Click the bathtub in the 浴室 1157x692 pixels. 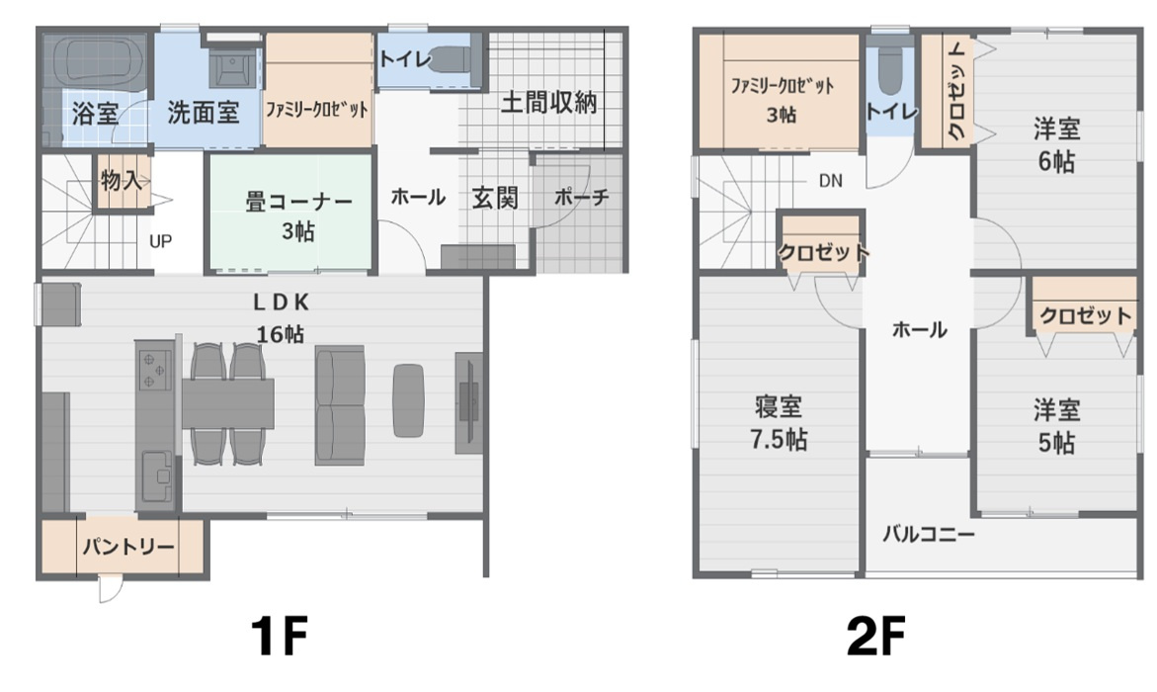[97, 60]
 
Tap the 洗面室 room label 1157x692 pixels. [204, 113]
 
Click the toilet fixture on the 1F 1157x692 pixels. [454, 60]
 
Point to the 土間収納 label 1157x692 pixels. [549, 103]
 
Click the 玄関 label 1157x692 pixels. [494, 198]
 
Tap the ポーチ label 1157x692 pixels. [581, 197]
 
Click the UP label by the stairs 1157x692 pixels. [161, 241]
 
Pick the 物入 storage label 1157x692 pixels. [121, 180]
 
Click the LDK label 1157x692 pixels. [282, 303]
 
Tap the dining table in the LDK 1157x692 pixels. [228, 402]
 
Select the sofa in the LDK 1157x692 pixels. [340, 405]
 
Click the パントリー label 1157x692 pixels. [128, 548]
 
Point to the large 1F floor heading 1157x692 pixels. [279, 637]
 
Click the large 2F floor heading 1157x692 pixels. [875, 637]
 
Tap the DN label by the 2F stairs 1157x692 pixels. [831, 181]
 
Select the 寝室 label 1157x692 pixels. [779, 407]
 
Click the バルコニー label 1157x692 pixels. [929, 534]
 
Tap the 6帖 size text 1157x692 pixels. [1056, 161]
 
